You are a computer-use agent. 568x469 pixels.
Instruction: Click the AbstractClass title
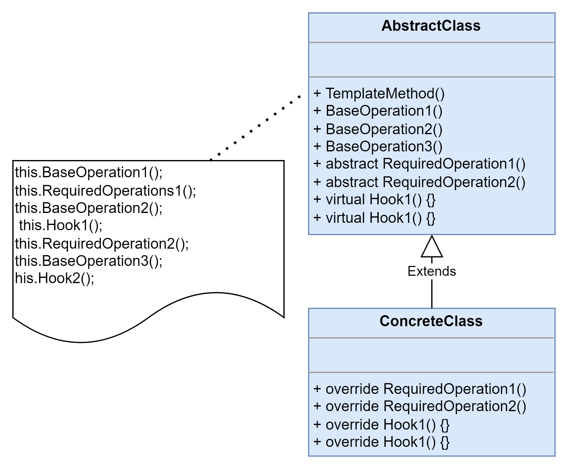[x=431, y=26]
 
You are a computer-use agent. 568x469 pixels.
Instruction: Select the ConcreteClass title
[x=431, y=321]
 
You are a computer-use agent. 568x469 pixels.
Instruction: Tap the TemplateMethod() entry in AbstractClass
[x=379, y=93]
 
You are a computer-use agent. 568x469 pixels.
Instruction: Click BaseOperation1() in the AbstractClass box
[x=378, y=111]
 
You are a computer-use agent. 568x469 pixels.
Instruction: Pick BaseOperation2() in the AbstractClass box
[x=378, y=129]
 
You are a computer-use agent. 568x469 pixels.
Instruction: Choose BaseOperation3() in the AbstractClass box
[x=378, y=146]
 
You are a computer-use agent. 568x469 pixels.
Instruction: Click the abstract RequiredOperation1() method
[x=419, y=164]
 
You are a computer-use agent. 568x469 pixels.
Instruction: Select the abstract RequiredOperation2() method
[x=419, y=182]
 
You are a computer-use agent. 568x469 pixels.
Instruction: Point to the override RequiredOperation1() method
[x=420, y=389]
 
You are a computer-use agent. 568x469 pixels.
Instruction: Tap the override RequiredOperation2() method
[x=420, y=406]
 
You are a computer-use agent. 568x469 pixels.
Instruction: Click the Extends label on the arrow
[x=432, y=271]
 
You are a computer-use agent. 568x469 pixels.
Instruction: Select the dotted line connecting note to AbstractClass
[x=255, y=128]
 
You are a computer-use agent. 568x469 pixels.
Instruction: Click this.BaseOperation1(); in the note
[x=89, y=172]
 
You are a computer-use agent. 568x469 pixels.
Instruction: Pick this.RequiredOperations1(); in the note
[x=105, y=191]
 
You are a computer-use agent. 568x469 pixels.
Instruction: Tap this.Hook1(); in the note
[x=61, y=225]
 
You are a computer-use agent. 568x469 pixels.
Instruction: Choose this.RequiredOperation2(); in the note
[x=102, y=244]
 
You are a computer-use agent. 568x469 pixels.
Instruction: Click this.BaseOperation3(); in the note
[x=89, y=261]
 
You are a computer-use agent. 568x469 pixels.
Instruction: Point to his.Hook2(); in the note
[x=55, y=278]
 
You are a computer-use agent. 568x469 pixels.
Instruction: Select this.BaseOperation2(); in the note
[x=89, y=208]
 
